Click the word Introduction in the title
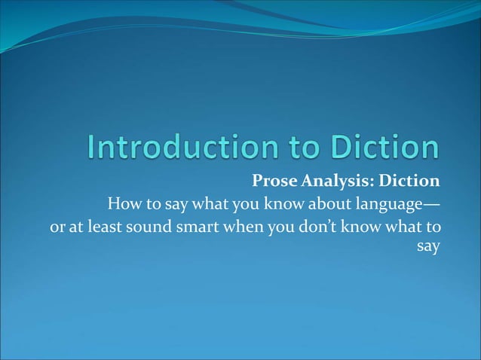coord(182,148)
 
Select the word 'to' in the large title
coord(299,148)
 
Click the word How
coord(123,204)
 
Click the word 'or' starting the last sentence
coord(56,227)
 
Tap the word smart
coord(198,227)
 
